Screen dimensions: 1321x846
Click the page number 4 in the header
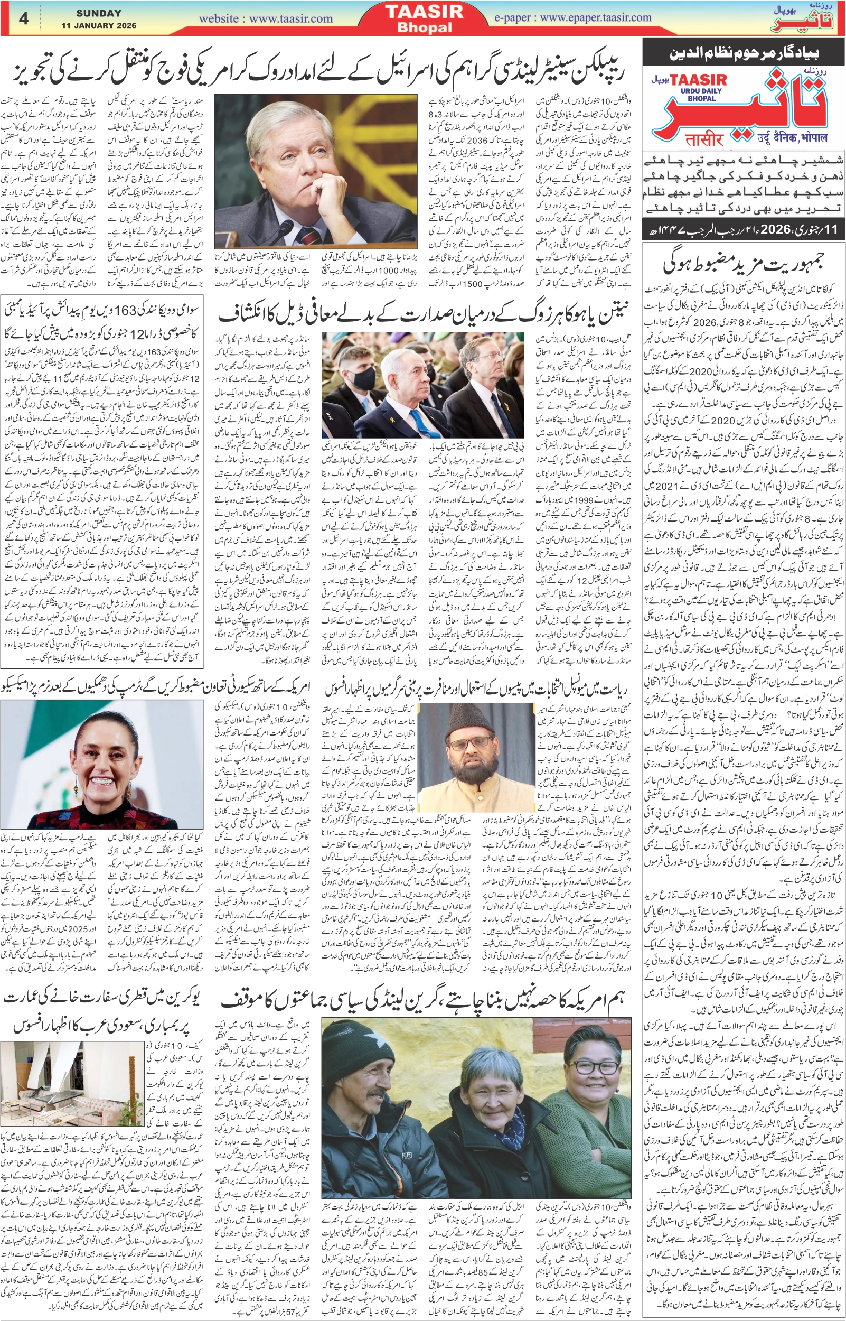pyautogui.click(x=23, y=18)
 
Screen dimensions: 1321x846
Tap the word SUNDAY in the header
pyautogui.click(x=99, y=13)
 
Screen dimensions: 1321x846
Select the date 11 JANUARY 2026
pyautogui.click(x=99, y=25)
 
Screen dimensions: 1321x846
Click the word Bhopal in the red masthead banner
pyautogui.click(x=424, y=27)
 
